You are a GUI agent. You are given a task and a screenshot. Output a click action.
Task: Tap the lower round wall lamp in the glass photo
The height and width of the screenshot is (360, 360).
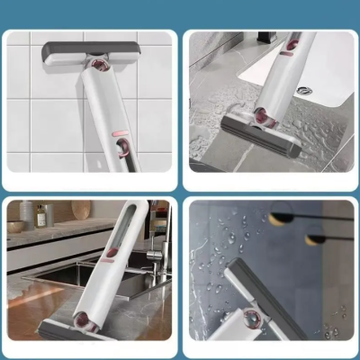(315, 239)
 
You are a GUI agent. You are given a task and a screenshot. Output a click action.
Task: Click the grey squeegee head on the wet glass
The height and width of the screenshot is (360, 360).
(260, 289)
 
